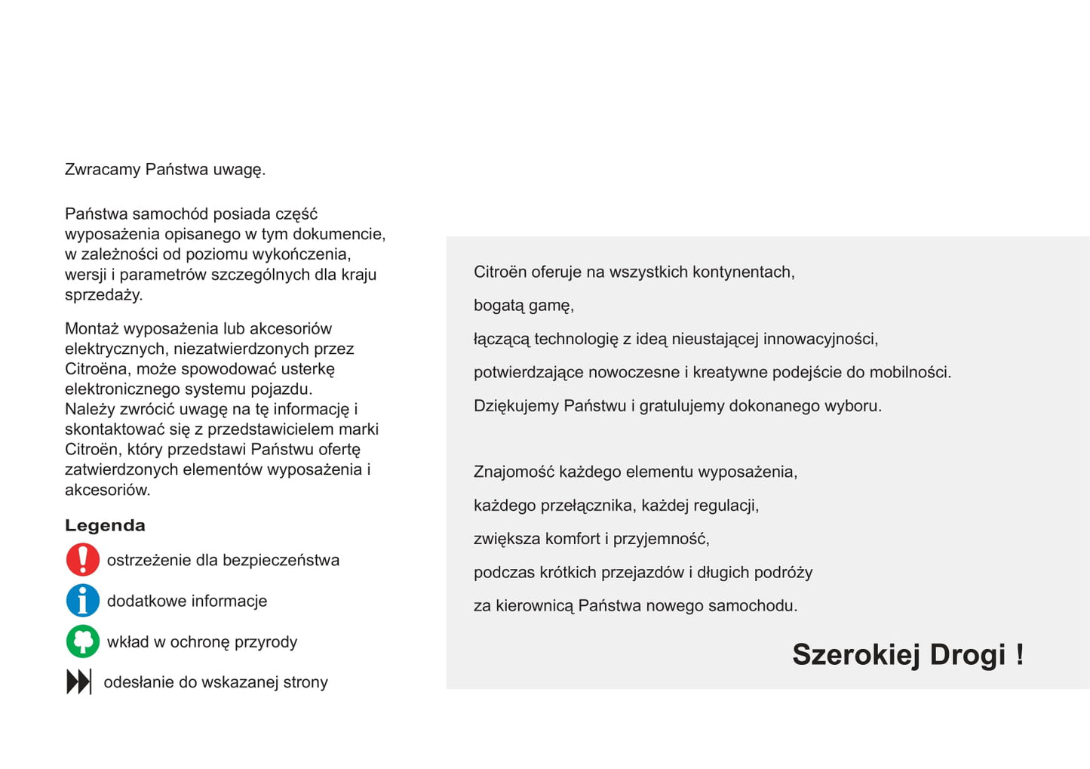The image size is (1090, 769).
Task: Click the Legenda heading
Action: tap(105, 525)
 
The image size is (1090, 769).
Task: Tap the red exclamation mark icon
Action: tap(83, 560)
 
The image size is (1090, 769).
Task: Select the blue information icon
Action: tap(83, 601)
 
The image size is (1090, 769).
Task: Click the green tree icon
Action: tap(83, 641)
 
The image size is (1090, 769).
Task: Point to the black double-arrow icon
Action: tap(79, 682)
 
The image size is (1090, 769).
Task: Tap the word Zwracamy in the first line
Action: tap(103, 170)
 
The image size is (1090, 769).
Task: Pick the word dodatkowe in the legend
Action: tap(142, 601)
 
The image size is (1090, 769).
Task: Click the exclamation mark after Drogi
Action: tap(1020, 654)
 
